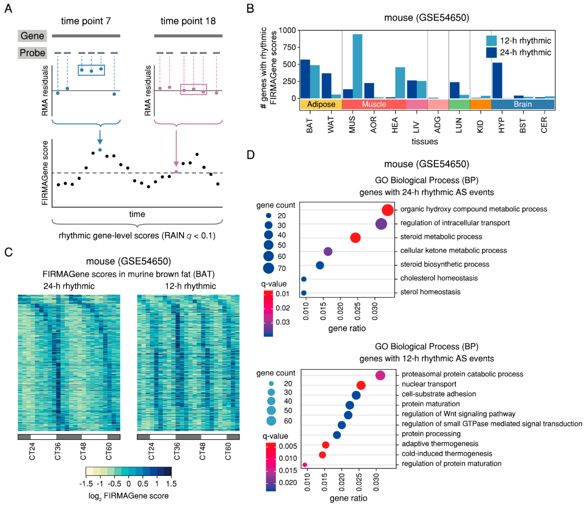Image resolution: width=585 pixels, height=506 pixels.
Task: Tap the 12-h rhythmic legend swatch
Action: [491, 41]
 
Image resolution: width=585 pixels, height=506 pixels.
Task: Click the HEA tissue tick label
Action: [395, 125]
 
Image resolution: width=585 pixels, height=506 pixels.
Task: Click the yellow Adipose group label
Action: [321, 104]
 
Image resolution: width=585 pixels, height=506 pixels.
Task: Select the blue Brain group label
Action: [523, 104]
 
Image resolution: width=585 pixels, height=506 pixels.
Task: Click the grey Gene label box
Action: [32, 36]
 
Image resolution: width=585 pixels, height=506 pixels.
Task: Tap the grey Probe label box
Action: [32, 53]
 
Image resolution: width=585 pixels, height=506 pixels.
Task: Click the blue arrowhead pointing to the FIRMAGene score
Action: [100, 141]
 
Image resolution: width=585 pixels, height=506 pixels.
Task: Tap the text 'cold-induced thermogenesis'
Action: [447, 453]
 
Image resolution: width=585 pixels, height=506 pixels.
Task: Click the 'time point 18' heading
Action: [188, 21]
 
